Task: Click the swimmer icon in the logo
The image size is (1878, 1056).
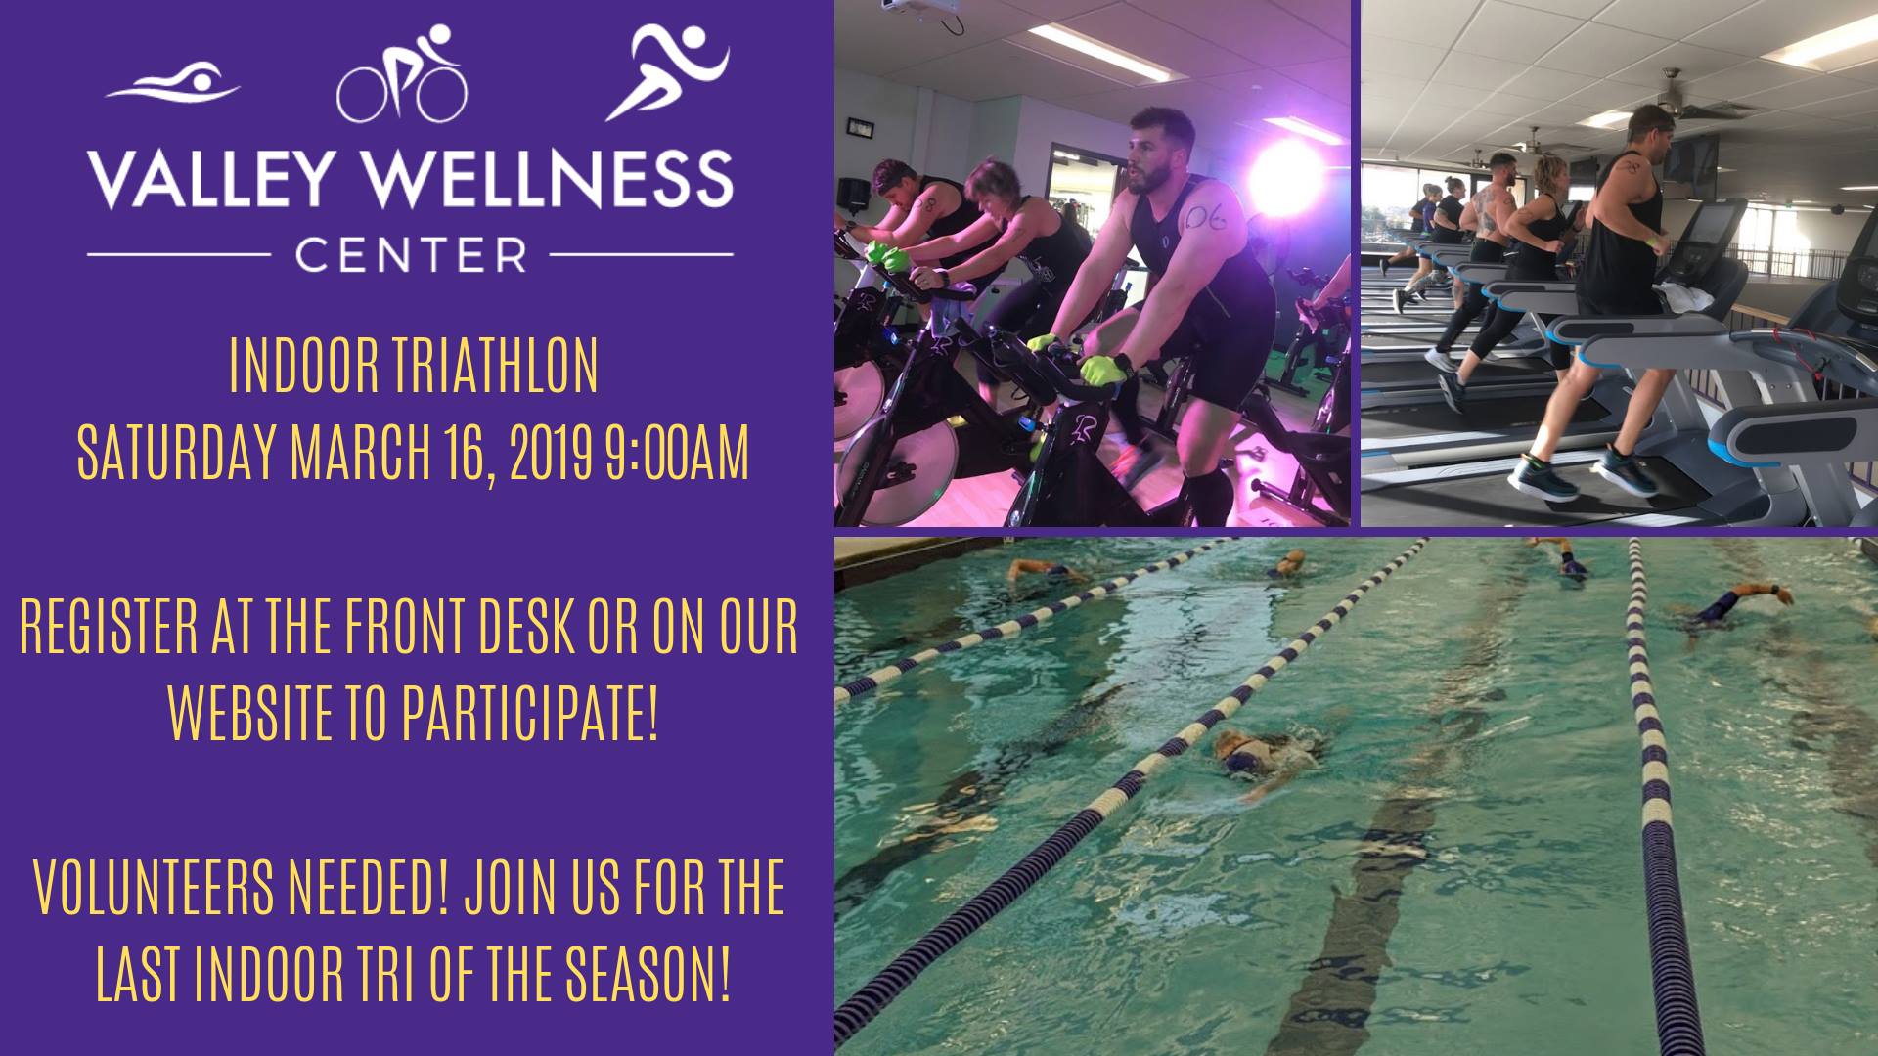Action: pyautogui.click(x=173, y=84)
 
